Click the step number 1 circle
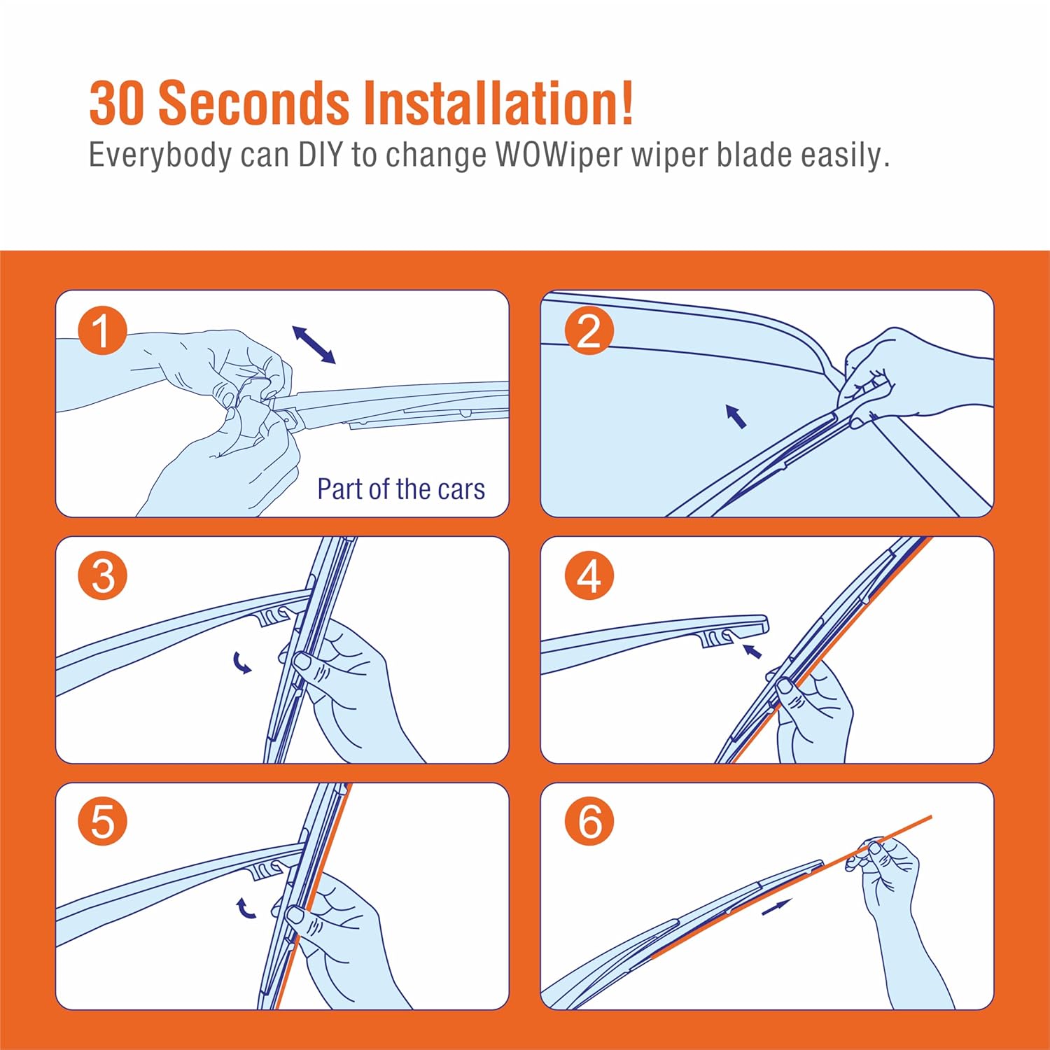click(102, 330)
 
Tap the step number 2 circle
click(589, 330)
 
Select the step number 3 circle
click(102, 576)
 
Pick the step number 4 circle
click(589, 576)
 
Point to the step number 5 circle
click(102, 821)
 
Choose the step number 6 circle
click(589, 821)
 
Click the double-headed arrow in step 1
click(314, 344)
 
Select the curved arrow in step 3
click(242, 663)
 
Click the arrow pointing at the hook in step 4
click(752, 651)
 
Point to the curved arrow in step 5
click(245, 908)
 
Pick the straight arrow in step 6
click(776, 907)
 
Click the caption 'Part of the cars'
click(401, 489)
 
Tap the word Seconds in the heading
click(254, 104)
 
